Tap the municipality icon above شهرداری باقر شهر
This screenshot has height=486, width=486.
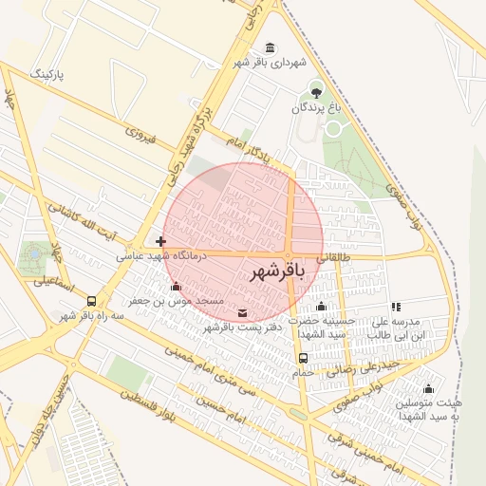(271, 47)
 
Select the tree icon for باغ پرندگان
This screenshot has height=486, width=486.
(316, 91)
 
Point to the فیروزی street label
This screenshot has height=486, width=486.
(133, 139)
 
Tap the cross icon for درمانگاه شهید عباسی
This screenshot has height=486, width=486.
(160, 241)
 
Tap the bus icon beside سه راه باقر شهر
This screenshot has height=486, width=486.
(91, 300)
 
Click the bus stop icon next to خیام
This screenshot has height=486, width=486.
(303, 358)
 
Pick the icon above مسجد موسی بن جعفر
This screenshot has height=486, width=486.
(175, 287)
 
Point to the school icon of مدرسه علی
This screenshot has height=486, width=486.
(396, 307)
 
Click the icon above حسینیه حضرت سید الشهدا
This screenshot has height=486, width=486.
(321, 306)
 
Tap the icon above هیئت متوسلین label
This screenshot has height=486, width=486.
(428, 388)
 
